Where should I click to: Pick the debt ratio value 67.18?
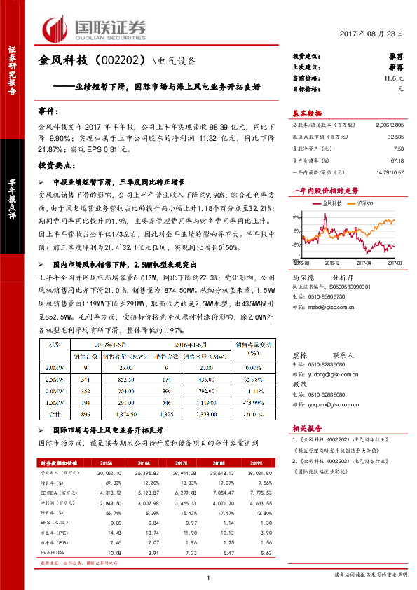(x=397, y=160)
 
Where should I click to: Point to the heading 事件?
(x=48, y=111)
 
